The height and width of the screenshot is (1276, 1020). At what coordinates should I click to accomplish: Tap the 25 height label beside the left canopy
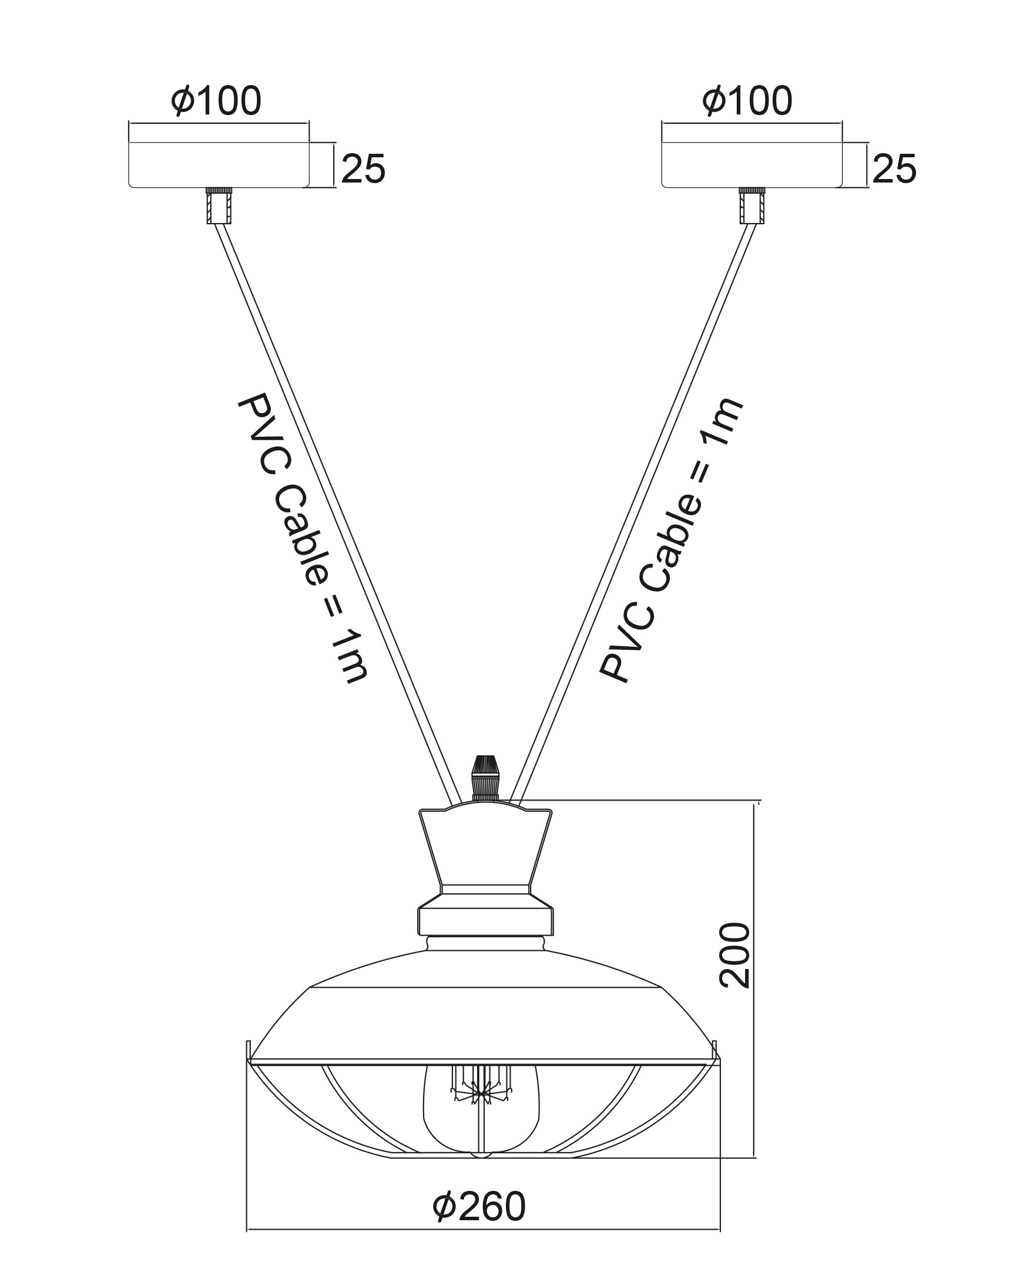tap(363, 168)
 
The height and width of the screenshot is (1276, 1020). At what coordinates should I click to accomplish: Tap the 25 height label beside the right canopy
tap(894, 168)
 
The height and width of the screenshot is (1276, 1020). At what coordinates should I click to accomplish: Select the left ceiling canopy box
tap(219, 164)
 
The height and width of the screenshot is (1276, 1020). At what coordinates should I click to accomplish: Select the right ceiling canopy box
tap(751, 164)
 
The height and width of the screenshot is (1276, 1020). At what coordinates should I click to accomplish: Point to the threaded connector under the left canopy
tap(219, 205)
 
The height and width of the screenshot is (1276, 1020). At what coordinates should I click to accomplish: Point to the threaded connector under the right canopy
tap(752, 205)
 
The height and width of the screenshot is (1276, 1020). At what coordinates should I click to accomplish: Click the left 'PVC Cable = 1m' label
tap(303, 539)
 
